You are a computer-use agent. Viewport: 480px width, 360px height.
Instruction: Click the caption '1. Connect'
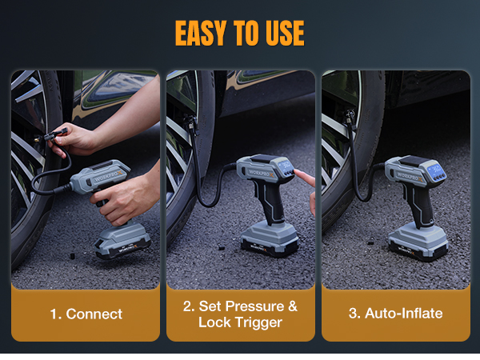coord(86,314)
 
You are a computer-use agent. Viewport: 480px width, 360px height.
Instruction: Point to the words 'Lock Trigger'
coord(240,322)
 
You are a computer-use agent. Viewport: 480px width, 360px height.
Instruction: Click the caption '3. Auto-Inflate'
coord(395,313)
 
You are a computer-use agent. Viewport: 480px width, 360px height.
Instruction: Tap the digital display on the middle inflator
coord(286,166)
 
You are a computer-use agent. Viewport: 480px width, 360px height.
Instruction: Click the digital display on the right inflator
coord(436,169)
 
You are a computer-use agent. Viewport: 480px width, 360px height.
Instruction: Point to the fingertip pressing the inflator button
coord(297,173)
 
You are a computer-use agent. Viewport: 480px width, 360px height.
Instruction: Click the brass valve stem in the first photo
coord(38,139)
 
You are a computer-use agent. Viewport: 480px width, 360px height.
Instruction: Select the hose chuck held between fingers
coord(55,134)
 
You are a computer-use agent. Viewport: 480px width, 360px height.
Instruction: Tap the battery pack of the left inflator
coord(122,241)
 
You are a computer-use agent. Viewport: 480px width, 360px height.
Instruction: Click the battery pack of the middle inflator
coord(270,239)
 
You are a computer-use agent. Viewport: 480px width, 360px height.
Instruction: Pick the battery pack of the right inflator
coord(418,242)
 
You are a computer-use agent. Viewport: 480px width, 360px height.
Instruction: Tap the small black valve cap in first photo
coord(72,256)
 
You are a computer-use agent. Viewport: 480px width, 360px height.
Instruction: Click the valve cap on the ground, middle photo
coord(220,246)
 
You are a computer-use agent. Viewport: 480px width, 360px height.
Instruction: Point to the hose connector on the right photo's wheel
coord(349,118)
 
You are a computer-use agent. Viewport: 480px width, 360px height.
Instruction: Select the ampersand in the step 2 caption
coord(293,306)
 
